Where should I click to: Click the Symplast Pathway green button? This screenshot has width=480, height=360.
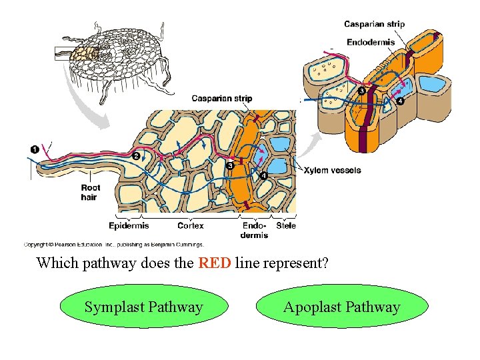coord(143,307)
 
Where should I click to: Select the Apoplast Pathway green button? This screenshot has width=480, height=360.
coord(341,307)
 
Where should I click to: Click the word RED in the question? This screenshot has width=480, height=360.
coord(215,263)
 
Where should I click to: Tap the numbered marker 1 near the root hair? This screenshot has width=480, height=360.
coord(34,147)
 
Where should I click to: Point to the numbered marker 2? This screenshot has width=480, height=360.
coord(136,155)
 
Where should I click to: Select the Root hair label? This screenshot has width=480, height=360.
coord(90,193)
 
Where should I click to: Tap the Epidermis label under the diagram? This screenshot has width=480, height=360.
coord(129,226)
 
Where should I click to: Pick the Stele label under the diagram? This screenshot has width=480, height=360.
coord(286,226)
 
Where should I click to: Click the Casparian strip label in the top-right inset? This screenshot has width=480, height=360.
coord(374,25)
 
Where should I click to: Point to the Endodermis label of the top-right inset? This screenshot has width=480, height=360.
coord(371,42)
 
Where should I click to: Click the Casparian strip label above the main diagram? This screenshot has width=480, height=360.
coord(222,99)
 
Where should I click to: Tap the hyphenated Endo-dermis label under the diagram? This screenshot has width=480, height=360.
coord(254,230)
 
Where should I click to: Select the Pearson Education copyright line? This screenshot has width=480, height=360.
coord(113,245)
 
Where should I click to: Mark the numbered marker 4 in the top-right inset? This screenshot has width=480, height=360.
coord(399,101)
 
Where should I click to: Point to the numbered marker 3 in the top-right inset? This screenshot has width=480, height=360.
coord(361,91)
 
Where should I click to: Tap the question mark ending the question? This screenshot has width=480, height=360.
coord(325,263)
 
